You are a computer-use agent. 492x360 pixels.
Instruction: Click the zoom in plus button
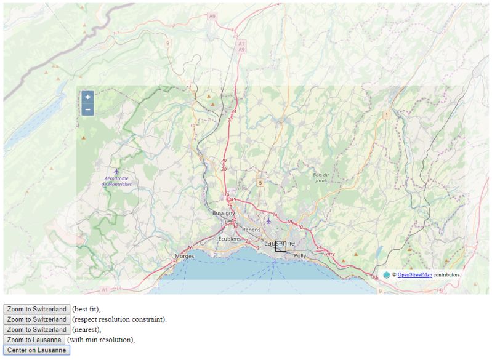click(x=87, y=97)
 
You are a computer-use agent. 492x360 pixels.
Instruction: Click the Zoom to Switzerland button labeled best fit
click(x=37, y=309)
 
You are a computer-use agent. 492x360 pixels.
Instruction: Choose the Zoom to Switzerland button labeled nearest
click(x=37, y=330)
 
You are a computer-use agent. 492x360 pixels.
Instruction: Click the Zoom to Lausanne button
click(x=34, y=340)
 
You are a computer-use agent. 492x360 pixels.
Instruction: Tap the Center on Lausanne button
click(x=37, y=350)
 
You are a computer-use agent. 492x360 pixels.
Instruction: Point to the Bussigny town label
click(x=224, y=213)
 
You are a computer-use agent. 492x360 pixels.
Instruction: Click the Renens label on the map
click(x=251, y=230)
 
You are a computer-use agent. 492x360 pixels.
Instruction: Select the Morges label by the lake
click(x=185, y=256)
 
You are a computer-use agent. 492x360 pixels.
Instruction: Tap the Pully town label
click(x=300, y=255)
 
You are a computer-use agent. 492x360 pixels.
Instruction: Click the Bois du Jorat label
click(x=321, y=178)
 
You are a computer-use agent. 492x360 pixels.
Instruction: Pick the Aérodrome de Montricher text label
click(x=117, y=182)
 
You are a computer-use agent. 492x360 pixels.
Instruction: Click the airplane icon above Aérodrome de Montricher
click(x=116, y=171)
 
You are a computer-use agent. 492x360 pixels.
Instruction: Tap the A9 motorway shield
click(x=212, y=16)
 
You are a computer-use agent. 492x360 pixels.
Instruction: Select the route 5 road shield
click(x=260, y=183)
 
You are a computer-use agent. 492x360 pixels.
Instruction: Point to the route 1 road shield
click(x=386, y=115)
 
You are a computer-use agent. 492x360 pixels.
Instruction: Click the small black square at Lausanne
click(x=281, y=246)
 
